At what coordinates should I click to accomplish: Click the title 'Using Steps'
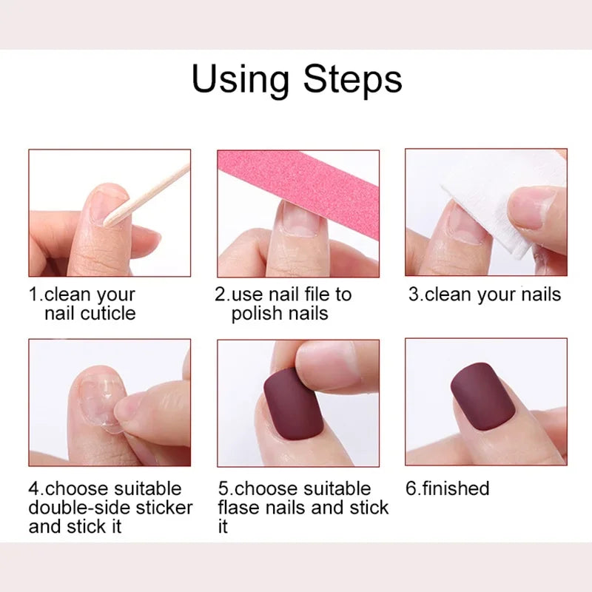(x=296, y=79)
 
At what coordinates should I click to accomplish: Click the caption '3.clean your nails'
(x=485, y=295)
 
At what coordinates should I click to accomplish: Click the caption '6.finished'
(x=448, y=488)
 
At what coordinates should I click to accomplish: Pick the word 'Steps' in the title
(x=354, y=79)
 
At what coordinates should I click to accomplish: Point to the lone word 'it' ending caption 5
(x=223, y=526)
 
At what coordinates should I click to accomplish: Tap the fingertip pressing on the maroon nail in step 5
(x=329, y=366)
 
